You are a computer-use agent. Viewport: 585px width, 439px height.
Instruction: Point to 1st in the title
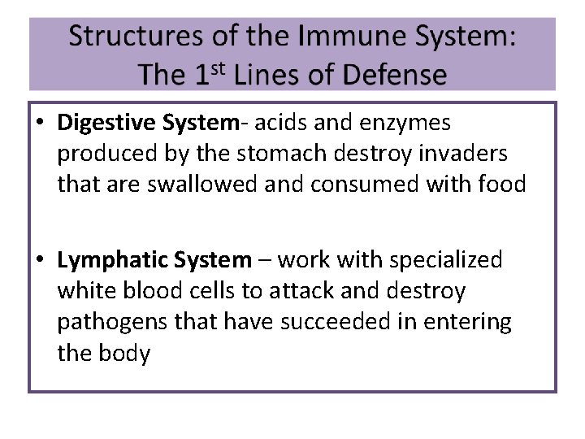point(213,74)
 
